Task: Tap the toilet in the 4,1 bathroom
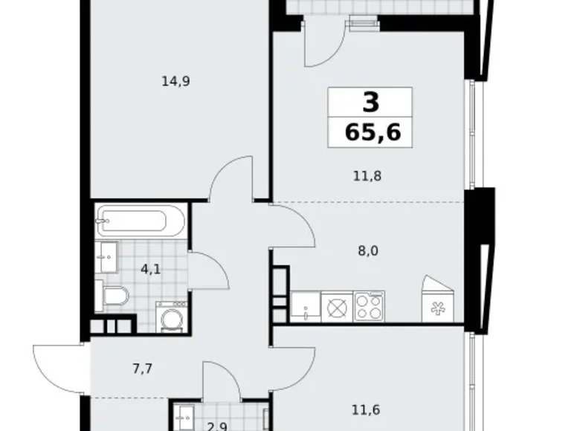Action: click(116, 296)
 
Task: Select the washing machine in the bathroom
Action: click(170, 315)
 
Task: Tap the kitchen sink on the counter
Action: click(304, 305)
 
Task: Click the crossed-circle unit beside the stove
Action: click(336, 306)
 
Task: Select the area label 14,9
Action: click(176, 82)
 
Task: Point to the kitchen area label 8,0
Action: click(368, 250)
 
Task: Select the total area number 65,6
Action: click(372, 132)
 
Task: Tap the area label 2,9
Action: click(197, 426)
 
